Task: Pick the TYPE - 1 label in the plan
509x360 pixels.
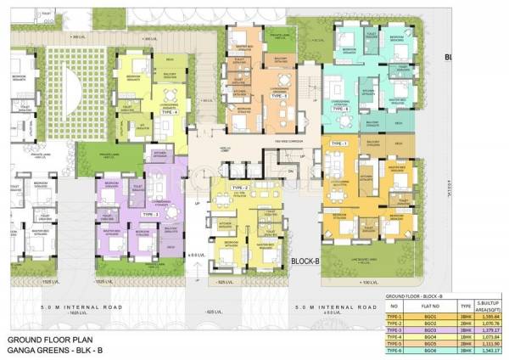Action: (339, 144)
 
